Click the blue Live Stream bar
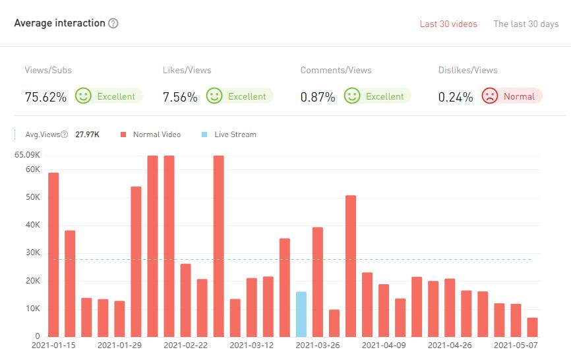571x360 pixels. pyautogui.click(x=301, y=314)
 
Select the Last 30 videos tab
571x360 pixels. pyautogui.click(x=448, y=24)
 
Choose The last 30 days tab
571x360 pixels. pyautogui.click(x=526, y=24)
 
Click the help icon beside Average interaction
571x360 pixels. pyautogui.click(x=113, y=24)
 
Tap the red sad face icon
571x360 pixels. pyautogui.click(x=490, y=96)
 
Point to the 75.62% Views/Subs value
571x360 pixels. pyautogui.click(x=45, y=97)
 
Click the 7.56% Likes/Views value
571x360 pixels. pyautogui.click(x=180, y=97)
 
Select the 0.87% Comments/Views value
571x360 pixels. pyautogui.click(x=318, y=97)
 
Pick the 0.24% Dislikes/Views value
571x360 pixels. pyautogui.click(x=456, y=97)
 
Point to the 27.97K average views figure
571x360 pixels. pyautogui.click(x=88, y=135)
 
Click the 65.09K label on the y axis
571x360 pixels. pyautogui.click(x=27, y=155)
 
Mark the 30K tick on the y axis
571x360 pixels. pyautogui.click(x=32, y=253)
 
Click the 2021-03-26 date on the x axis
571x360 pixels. pyautogui.click(x=317, y=345)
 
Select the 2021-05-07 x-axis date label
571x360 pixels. pyautogui.click(x=516, y=345)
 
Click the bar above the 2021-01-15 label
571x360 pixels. pyautogui.click(x=53, y=255)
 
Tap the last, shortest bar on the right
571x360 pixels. pyautogui.click(x=532, y=327)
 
